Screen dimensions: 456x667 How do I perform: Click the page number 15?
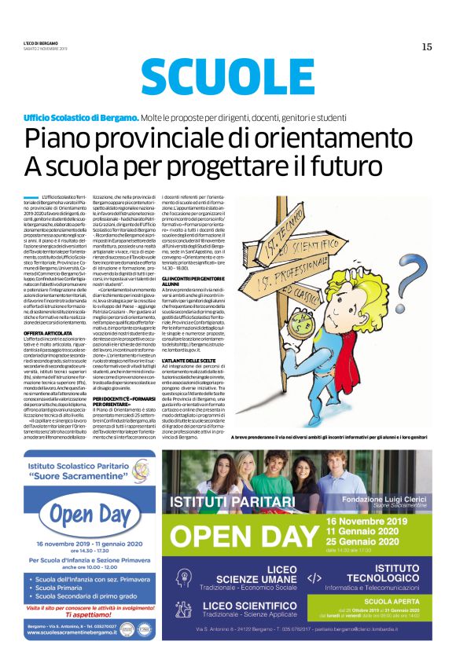[x=427, y=46]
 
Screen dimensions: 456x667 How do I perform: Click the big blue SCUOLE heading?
[x=228, y=78]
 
